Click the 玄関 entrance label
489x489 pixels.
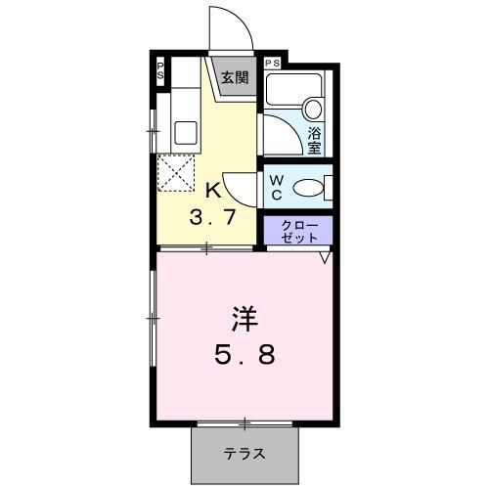coord(233,78)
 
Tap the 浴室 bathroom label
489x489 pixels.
coord(315,140)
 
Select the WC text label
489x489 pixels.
coord(277,187)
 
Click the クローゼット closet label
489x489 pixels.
coord(299,231)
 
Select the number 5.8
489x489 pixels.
coord(244,354)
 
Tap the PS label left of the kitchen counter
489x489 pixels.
coord(160,72)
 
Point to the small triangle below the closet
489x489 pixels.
coord(323,258)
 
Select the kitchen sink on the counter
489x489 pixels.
coord(183,129)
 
